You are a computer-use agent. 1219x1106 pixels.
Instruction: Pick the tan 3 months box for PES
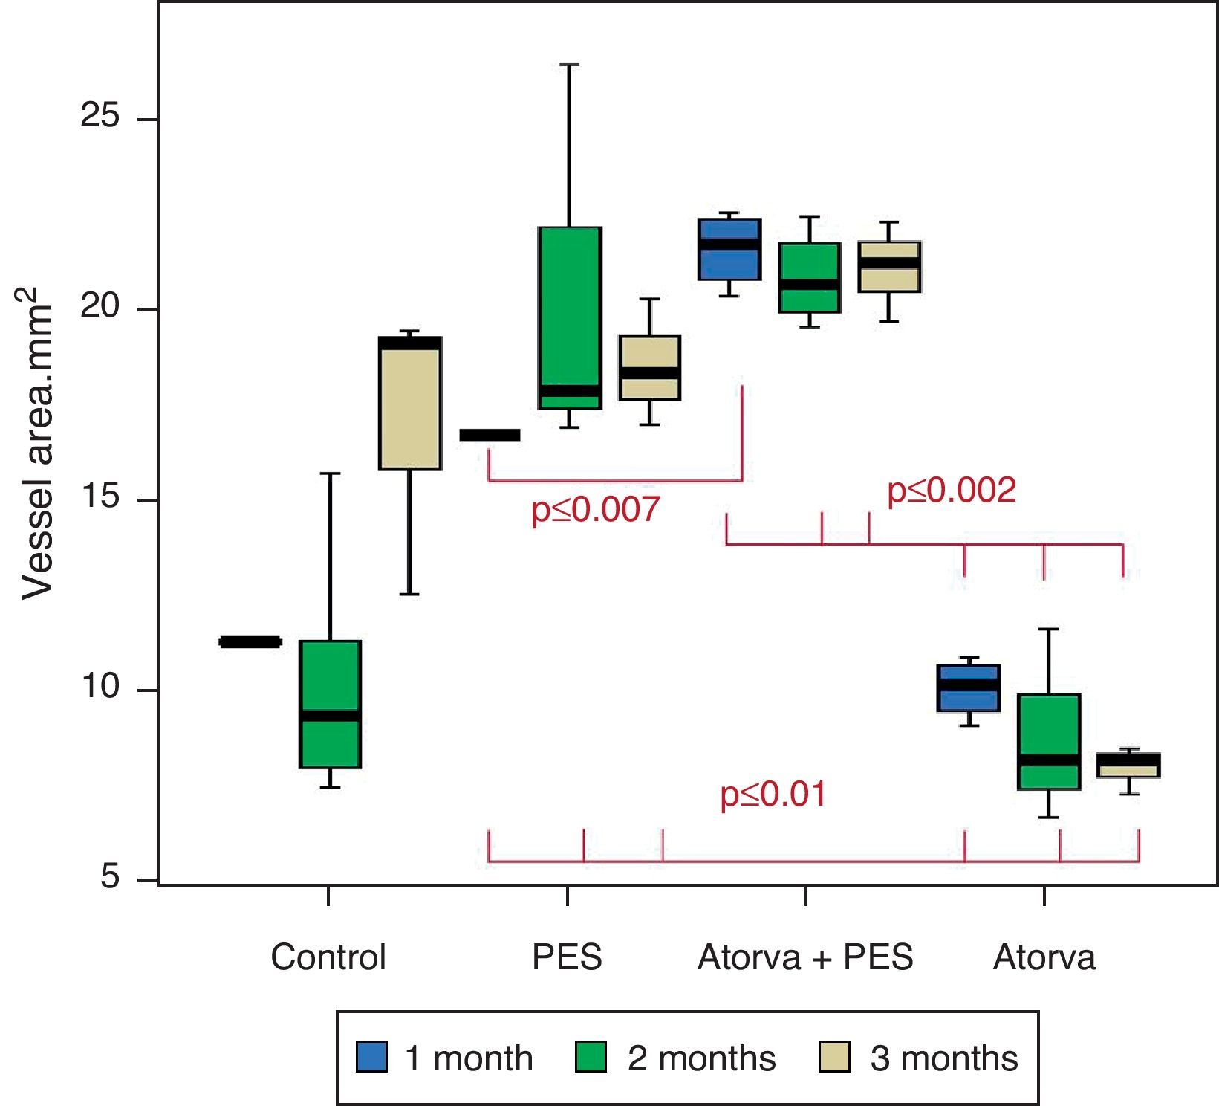(650, 367)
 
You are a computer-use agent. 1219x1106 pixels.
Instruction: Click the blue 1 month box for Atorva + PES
(729, 249)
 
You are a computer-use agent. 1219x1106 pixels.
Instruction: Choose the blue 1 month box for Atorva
(969, 688)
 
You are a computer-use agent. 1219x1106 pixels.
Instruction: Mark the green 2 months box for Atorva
(1048, 741)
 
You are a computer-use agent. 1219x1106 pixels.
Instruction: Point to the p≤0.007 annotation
(596, 510)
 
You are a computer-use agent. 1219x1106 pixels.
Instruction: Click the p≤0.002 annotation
(952, 491)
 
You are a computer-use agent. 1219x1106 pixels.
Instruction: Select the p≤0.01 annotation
(773, 795)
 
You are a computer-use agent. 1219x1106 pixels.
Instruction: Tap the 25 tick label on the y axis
(100, 120)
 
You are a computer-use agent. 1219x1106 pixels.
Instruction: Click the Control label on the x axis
(328, 957)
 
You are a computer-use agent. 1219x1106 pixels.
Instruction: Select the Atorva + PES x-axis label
(805, 957)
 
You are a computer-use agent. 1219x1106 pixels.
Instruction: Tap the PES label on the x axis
(567, 957)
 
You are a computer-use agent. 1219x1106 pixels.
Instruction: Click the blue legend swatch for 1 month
(371, 1057)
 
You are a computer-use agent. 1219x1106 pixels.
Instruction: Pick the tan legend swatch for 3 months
(834, 1057)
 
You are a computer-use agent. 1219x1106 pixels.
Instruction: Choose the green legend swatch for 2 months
(591, 1057)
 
